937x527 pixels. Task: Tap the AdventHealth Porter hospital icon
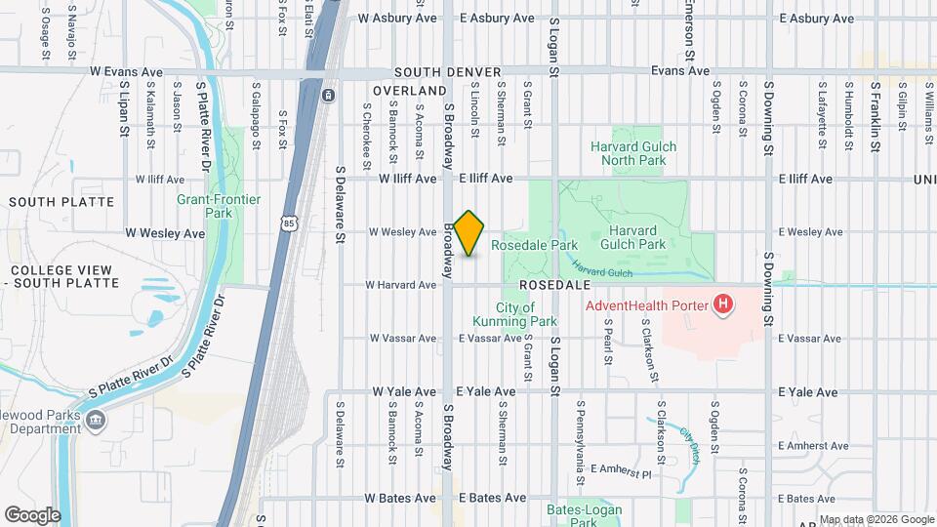pos(722,305)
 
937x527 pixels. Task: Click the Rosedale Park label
pos(535,246)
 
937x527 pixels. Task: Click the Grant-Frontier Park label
pos(219,206)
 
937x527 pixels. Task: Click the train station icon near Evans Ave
pos(328,95)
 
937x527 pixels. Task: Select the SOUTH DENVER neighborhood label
pos(448,73)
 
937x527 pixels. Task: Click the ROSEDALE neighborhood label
pos(557,285)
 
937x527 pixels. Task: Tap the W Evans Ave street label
pos(126,72)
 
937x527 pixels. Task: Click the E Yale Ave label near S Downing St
pos(808,392)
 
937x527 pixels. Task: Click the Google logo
pos(32,514)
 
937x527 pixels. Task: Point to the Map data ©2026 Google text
pos(876,519)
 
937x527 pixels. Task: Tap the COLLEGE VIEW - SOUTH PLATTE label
pos(64,276)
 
